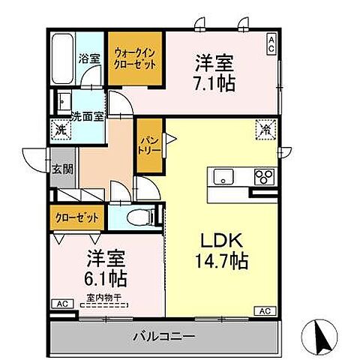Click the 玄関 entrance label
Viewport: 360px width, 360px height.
[x=63, y=169]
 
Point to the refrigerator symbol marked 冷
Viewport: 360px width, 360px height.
[x=265, y=129]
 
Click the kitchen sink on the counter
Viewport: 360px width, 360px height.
[x=224, y=177]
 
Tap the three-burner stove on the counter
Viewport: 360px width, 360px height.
[x=264, y=177]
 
